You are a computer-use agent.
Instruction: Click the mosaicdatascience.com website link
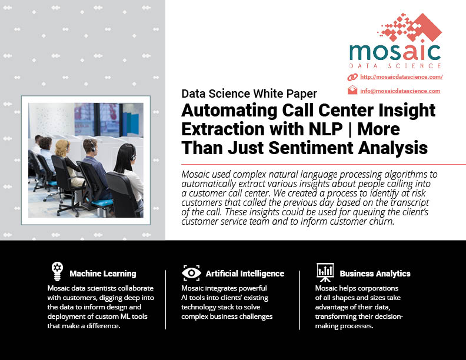click(x=401, y=77)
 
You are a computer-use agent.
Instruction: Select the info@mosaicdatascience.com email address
click(x=400, y=91)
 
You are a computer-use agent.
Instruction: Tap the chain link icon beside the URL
click(x=352, y=77)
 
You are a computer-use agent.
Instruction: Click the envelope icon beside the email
click(x=352, y=90)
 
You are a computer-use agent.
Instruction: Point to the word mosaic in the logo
click(x=395, y=52)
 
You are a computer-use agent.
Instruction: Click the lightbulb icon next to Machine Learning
click(x=57, y=271)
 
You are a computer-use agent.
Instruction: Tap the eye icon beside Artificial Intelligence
click(x=191, y=273)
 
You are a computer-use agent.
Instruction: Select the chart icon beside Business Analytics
click(x=325, y=272)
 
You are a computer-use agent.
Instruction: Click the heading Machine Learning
click(x=103, y=274)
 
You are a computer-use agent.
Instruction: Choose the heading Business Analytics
click(x=375, y=274)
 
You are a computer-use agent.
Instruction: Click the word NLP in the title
click(x=325, y=129)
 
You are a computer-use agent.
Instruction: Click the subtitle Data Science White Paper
click(x=249, y=94)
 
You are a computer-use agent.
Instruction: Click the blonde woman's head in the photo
click(x=62, y=148)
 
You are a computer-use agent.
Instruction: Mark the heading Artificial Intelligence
click(x=245, y=274)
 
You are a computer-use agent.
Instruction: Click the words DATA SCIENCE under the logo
click(x=395, y=66)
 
